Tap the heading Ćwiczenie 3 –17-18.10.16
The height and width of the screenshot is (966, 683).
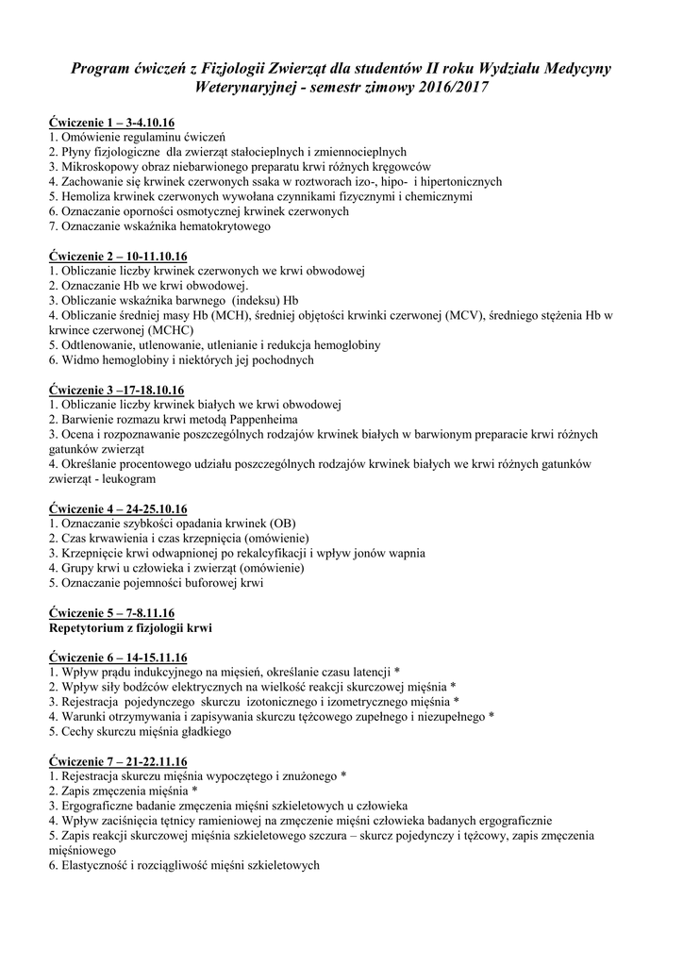(116, 390)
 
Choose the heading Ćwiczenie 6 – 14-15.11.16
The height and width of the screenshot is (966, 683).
(118, 658)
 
